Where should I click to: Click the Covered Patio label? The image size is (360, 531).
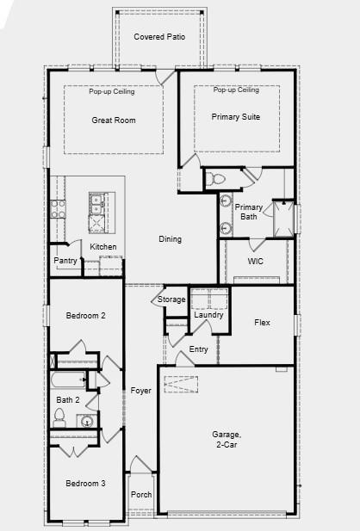tap(159, 37)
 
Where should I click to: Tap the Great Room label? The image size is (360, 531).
tap(113, 120)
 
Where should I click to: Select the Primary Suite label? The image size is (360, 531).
tap(236, 117)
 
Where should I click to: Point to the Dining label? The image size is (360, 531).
tap(170, 239)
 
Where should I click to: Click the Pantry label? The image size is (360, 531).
tap(65, 261)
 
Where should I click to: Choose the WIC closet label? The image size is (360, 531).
tap(255, 260)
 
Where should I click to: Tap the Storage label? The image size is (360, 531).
tap(171, 299)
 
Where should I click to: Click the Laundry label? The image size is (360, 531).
tap(208, 315)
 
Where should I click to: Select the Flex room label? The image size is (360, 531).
tap(262, 323)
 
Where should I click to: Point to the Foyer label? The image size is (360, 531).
tap(140, 391)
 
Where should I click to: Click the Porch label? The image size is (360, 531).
tap(140, 495)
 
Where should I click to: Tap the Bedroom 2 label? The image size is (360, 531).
tap(85, 316)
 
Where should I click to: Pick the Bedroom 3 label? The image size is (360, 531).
tap(85, 484)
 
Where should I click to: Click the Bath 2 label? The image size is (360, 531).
tap(68, 399)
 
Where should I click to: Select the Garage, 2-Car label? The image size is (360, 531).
tap(226, 440)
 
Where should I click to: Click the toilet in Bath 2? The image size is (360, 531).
tap(59, 418)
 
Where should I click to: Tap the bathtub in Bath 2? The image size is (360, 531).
tap(70, 379)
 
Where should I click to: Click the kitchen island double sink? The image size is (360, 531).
tap(97, 204)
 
